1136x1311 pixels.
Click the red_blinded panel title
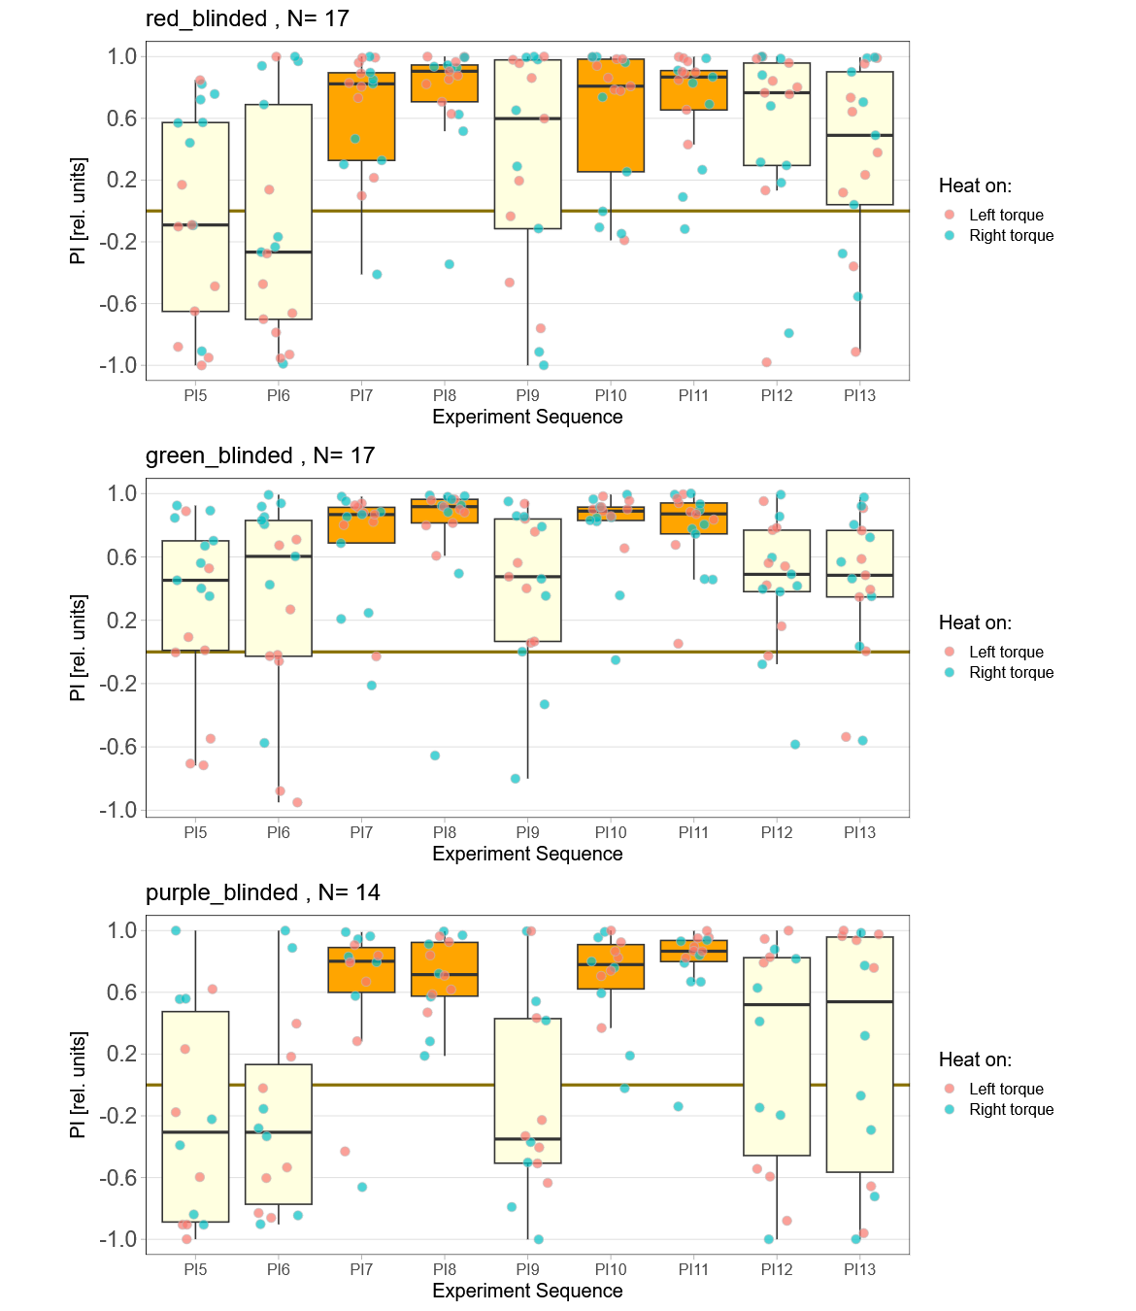tap(247, 18)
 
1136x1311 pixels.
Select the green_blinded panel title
tap(259, 455)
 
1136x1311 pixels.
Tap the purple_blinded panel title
tap(262, 892)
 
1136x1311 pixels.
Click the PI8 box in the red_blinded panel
tap(445, 84)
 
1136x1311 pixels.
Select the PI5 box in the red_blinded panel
tap(195, 217)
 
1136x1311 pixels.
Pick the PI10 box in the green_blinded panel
tap(611, 514)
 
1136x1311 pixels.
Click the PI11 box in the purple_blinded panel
tap(693, 951)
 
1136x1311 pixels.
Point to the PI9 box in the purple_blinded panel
tap(527, 1091)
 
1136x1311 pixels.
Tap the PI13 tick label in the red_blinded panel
tap(859, 395)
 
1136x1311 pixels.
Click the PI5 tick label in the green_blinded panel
tap(195, 832)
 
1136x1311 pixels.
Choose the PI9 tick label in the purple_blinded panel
tap(527, 1269)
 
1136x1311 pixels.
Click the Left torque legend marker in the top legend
tap(950, 215)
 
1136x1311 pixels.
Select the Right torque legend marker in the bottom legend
tap(950, 1109)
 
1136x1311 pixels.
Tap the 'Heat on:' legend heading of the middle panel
tap(975, 622)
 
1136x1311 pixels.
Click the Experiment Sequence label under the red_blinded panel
tap(527, 417)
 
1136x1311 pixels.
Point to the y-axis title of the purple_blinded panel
tap(79, 1085)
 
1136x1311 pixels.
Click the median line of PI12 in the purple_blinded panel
tap(777, 1005)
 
